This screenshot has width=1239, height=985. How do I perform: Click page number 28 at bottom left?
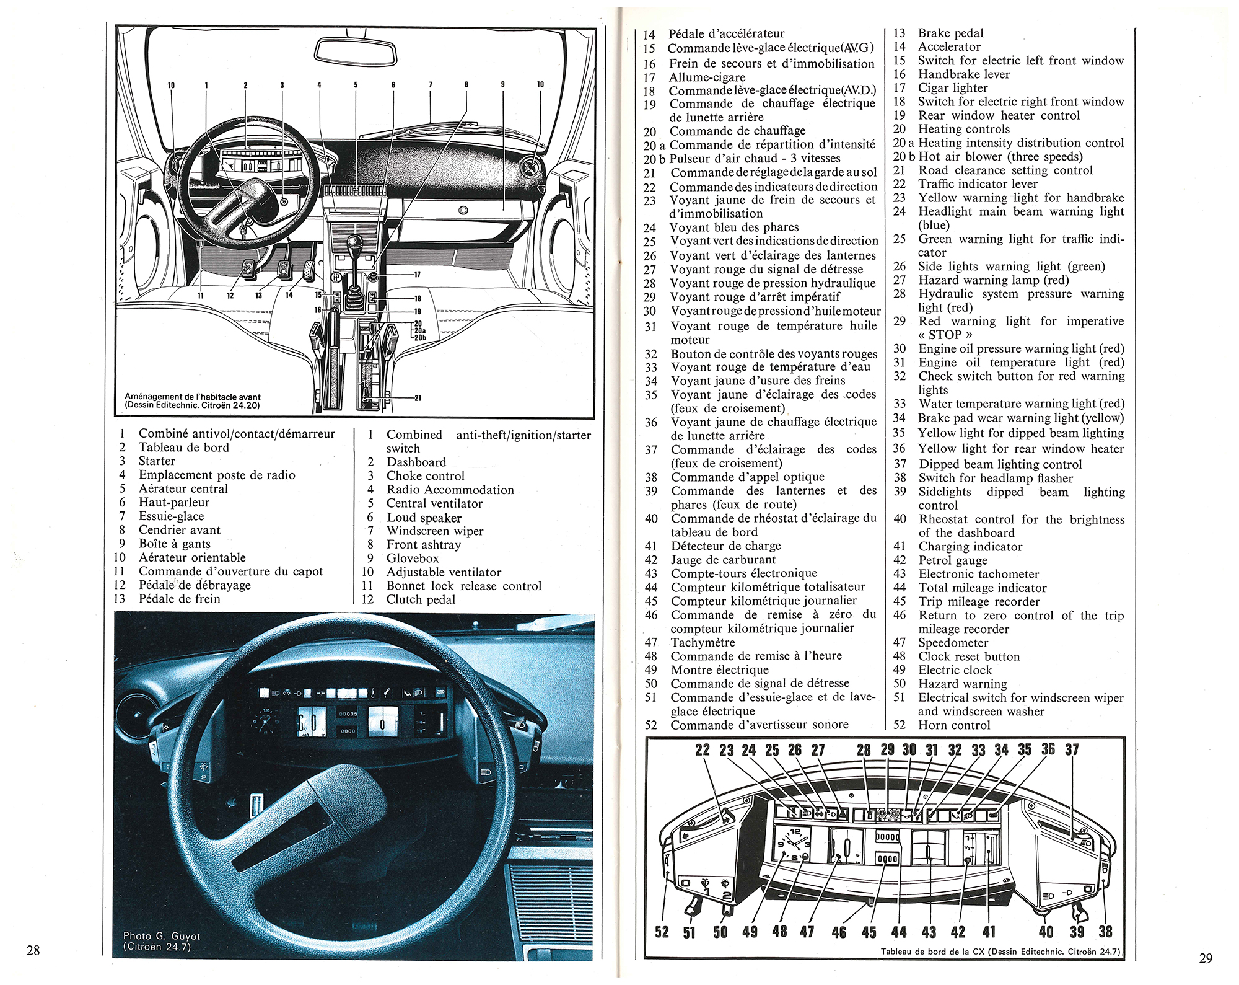pos(33,950)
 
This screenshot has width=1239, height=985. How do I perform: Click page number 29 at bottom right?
pos(1206,958)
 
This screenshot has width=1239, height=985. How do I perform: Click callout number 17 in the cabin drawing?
pos(417,274)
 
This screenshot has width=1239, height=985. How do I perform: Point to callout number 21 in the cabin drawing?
pos(418,398)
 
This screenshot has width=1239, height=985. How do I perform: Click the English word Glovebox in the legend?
pos(412,558)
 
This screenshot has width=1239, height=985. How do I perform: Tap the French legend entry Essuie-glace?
pos(171,516)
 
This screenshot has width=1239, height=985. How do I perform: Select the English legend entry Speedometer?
pos(953,643)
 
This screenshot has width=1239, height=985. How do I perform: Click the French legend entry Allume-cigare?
pos(707,77)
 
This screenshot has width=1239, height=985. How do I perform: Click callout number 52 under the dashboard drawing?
pos(662,932)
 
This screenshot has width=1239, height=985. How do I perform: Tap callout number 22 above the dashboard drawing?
pos(702,750)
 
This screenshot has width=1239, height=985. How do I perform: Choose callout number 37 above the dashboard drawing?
pos(1072,750)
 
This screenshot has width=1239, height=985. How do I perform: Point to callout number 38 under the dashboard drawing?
pos(1105,932)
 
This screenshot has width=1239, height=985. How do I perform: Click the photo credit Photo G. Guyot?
pos(162,936)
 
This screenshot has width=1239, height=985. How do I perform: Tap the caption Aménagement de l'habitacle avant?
pos(193,397)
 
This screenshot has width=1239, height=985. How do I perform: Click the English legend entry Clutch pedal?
pos(421,599)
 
